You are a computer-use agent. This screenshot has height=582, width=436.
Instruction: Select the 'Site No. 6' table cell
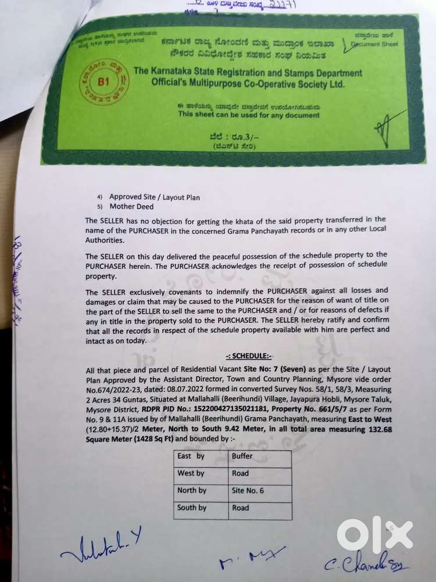(x=248, y=491)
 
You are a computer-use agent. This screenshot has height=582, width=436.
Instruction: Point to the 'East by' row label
(x=191, y=456)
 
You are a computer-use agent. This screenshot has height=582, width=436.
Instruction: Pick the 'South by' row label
(x=192, y=508)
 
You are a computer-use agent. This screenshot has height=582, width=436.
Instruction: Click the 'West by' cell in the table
(x=191, y=473)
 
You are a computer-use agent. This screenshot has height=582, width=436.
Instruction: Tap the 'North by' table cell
(x=192, y=490)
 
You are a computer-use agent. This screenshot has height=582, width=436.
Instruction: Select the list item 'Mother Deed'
(x=130, y=206)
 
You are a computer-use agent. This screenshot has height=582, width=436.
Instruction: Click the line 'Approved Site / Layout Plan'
(x=155, y=197)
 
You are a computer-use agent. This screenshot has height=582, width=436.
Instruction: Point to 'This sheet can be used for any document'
(x=249, y=115)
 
